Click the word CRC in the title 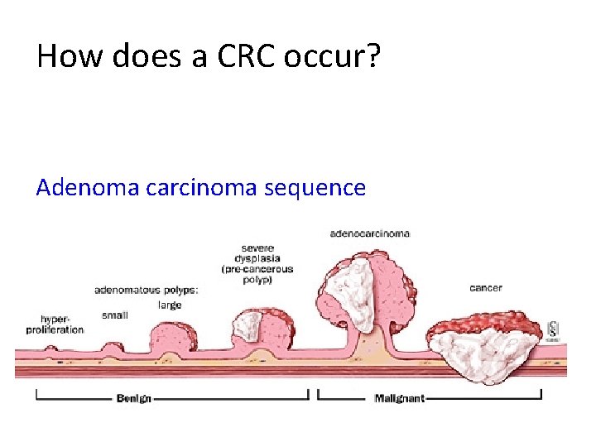242,56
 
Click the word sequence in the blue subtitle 315,187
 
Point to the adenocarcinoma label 369,234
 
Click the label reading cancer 486,288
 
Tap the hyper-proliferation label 62,324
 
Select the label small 114,315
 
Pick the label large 170,305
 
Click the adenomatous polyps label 147,291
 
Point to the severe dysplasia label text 257,258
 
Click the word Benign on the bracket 134,398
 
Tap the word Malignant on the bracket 399,398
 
